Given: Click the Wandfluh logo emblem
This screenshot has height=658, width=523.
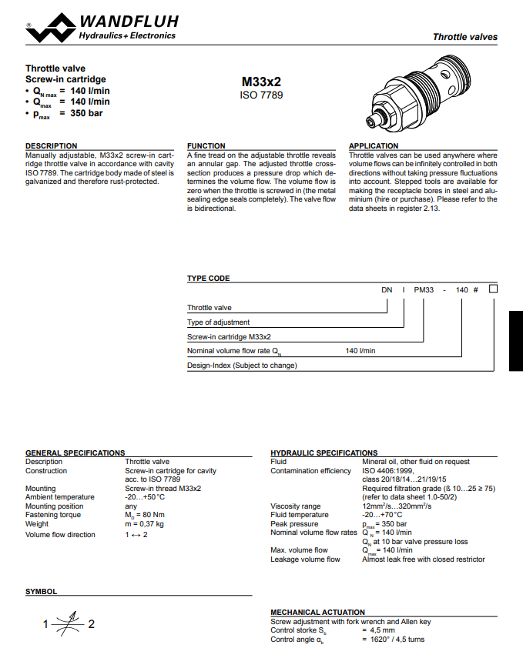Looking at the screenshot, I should point(51,27).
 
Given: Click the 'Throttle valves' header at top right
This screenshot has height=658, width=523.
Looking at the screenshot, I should point(464,37).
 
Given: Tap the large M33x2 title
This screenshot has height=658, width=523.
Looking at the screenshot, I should point(262,81).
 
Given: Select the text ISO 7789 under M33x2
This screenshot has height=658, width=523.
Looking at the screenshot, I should point(262,95).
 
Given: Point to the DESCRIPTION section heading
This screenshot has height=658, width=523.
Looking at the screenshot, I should point(52,145).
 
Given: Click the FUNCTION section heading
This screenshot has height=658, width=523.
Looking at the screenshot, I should point(206,145).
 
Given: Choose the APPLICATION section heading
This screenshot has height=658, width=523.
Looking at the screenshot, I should point(374,145).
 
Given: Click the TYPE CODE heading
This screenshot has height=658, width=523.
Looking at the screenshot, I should point(209,279).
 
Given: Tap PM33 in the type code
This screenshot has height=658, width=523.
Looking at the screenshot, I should point(424,290).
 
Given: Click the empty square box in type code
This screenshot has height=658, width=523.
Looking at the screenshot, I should point(494,289).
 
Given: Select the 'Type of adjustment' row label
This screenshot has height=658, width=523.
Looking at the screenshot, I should point(219,322).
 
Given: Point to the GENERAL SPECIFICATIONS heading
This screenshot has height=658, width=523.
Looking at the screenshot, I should point(75,453).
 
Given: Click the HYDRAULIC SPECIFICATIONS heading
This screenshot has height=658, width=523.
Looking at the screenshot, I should point(324,453).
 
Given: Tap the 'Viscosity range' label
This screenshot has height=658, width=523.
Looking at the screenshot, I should point(296,506).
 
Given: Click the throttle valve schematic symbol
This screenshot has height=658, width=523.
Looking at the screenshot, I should point(70,623).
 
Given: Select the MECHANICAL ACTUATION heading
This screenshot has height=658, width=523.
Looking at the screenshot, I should point(318,613).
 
